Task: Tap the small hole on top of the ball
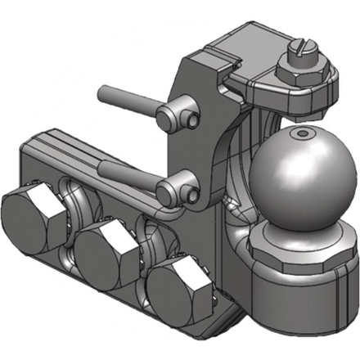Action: pyautogui.click(x=304, y=133)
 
